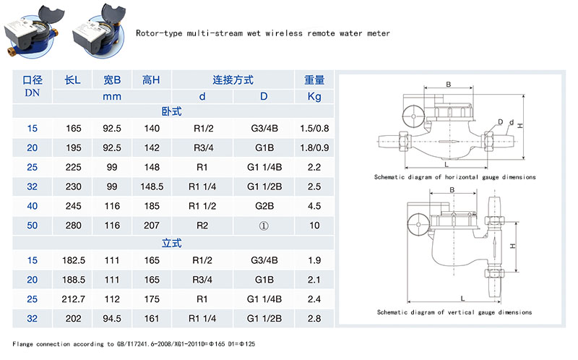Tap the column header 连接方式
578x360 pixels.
(233, 80)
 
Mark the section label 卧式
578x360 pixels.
(171, 112)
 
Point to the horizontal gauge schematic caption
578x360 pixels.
(454, 177)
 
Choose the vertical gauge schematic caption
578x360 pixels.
(454, 312)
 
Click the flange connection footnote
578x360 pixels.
(134, 343)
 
